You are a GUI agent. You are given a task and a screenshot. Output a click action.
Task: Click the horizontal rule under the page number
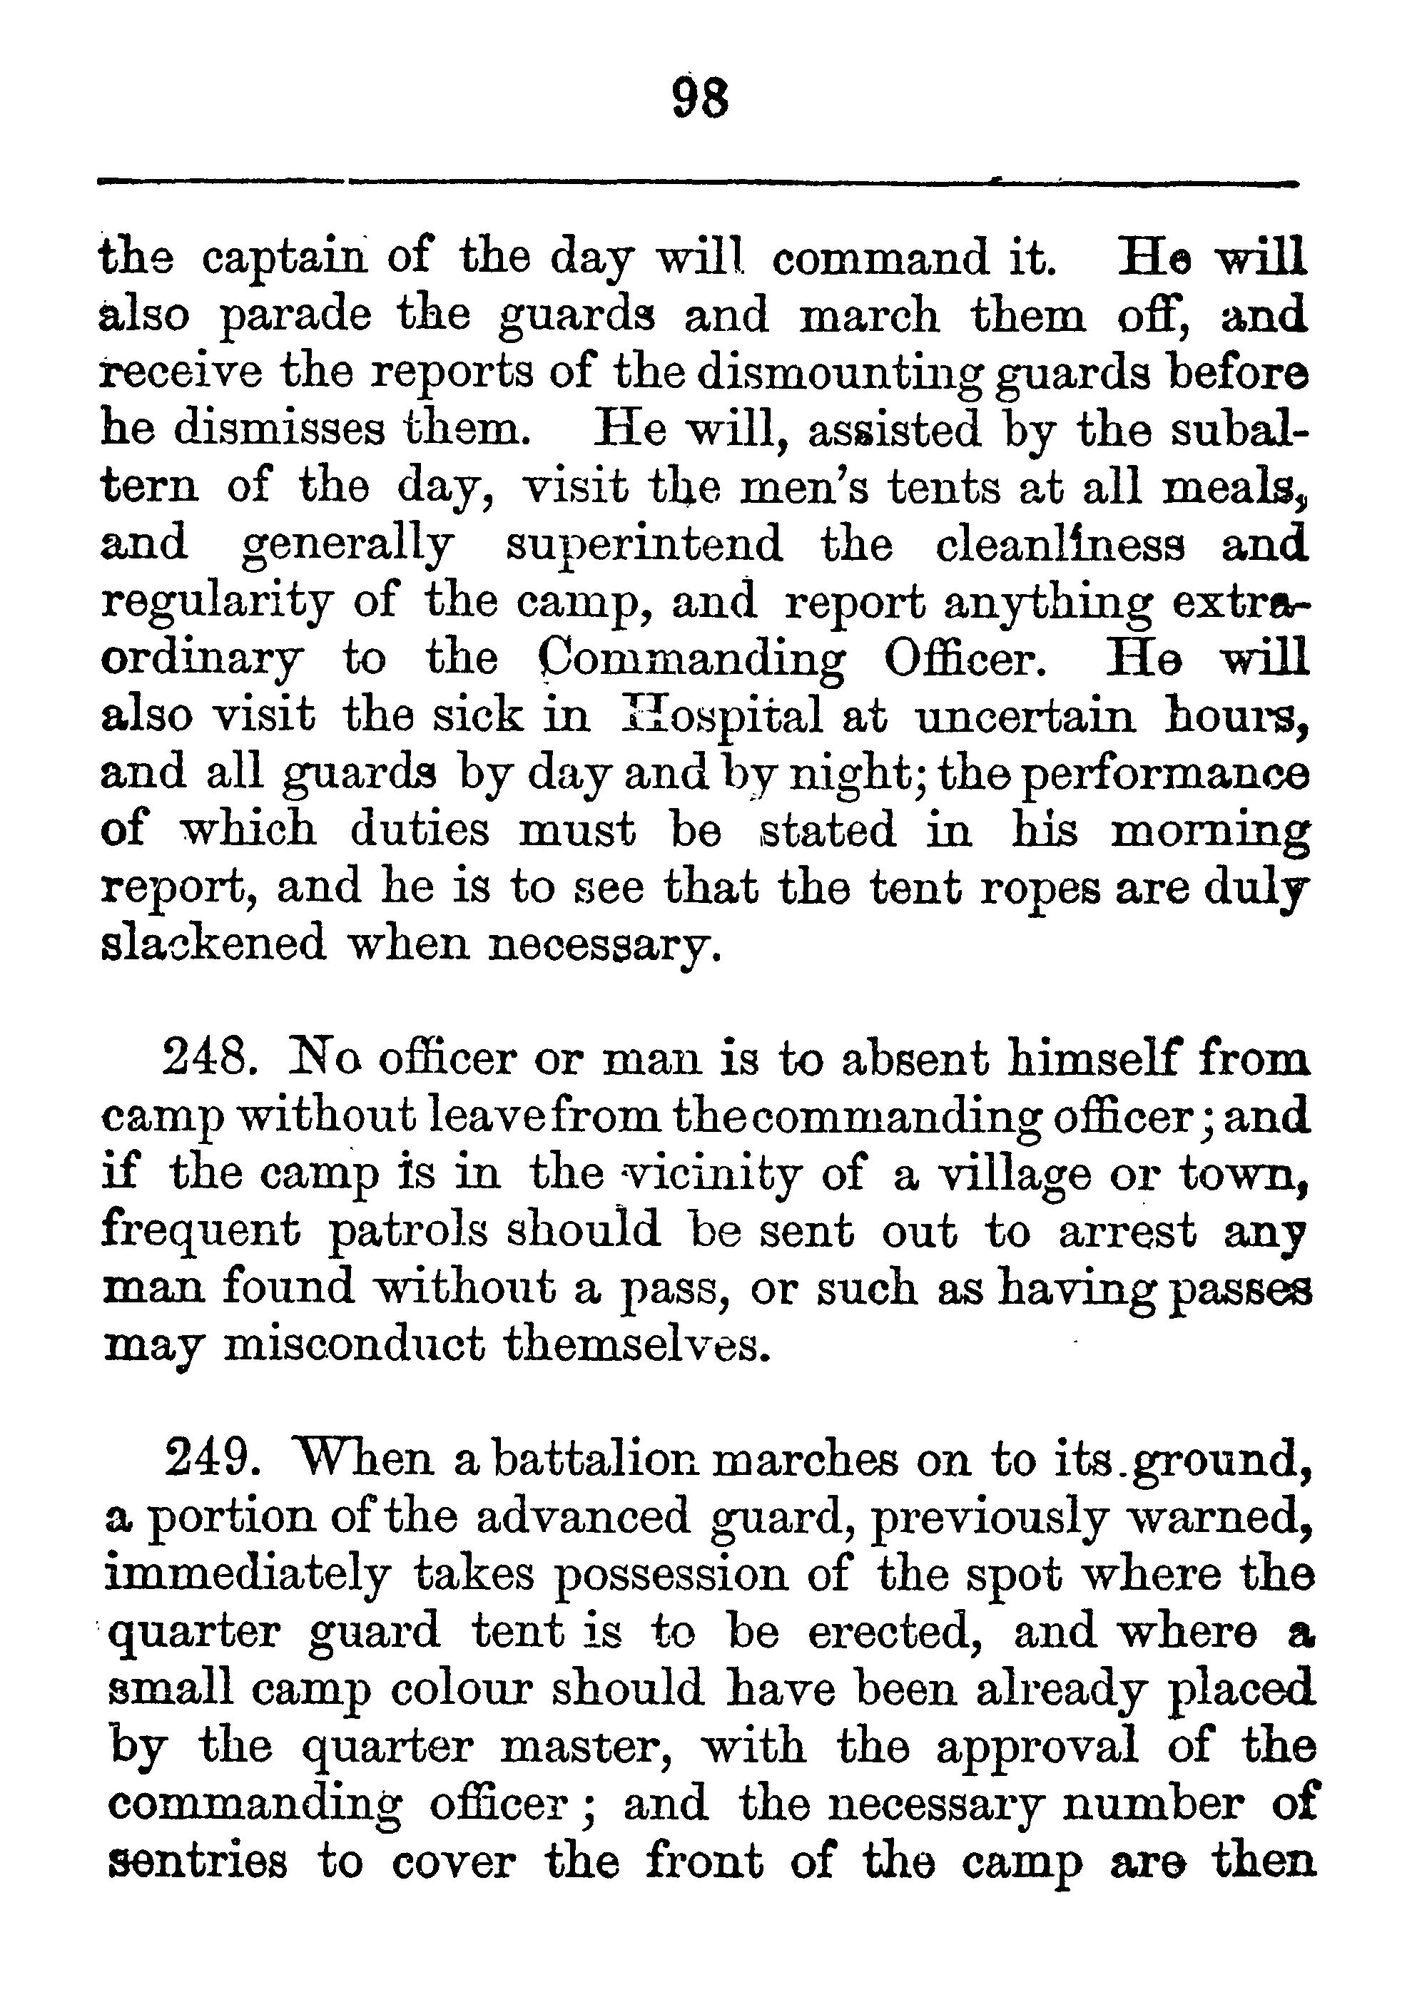(x=699, y=183)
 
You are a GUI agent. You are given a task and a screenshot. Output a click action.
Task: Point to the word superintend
(x=644, y=545)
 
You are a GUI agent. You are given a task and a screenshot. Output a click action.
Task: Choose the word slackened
(x=213, y=944)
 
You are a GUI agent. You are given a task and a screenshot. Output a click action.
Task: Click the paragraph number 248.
(x=208, y=1059)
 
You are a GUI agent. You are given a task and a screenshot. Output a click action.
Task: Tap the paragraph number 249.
(x=210, y=1460)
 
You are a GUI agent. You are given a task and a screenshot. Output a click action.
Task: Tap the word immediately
(x=246, y=1575)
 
